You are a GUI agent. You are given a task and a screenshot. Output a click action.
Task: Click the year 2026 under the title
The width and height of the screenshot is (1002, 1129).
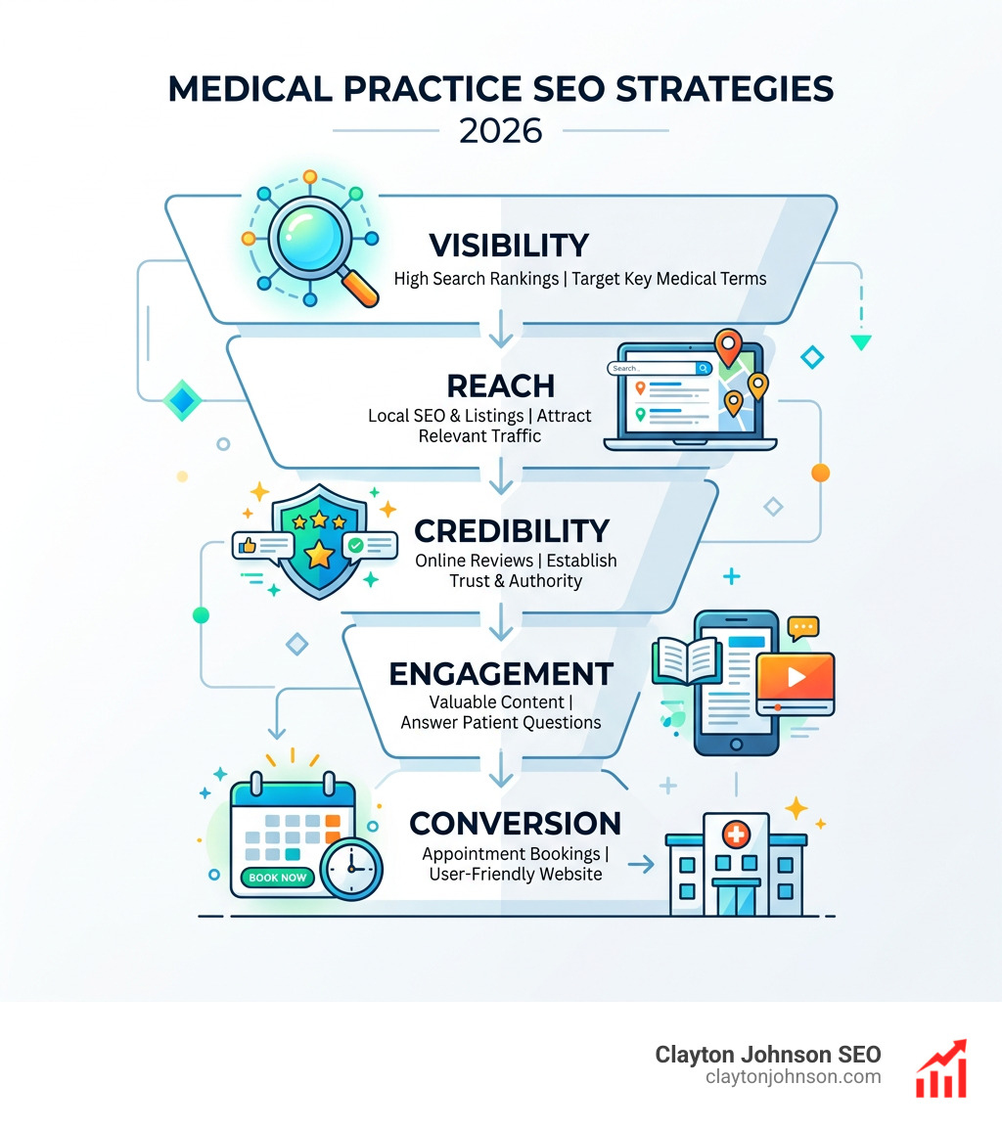pyautogui.click(x=500, y=129)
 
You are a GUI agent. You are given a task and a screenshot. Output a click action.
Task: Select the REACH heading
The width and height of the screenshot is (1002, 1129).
pyautogui.click(x=500, y=384)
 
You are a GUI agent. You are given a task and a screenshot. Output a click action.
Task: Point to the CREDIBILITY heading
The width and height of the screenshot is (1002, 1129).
pyautogui.click(x=512, y=531)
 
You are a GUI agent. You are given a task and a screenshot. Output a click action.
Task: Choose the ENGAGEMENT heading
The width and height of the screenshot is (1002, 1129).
pyautogui.click(x=501, y=673)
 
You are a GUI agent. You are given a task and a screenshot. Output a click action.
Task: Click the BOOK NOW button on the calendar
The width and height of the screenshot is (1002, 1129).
pyautogui.click(x=278, y=877)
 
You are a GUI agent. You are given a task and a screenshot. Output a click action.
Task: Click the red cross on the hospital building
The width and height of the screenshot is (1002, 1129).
pyautogui.click(x=735, y=835)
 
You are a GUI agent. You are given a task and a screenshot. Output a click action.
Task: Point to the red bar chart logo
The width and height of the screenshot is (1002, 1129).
pyautogui.click(x=941, y=1068)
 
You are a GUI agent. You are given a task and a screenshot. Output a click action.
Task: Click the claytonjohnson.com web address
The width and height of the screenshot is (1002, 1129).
pyautogui.click(x=793, y=1077)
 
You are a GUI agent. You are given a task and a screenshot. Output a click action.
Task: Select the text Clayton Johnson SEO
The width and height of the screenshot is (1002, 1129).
pyautogui.click(x=768, y=1055)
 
